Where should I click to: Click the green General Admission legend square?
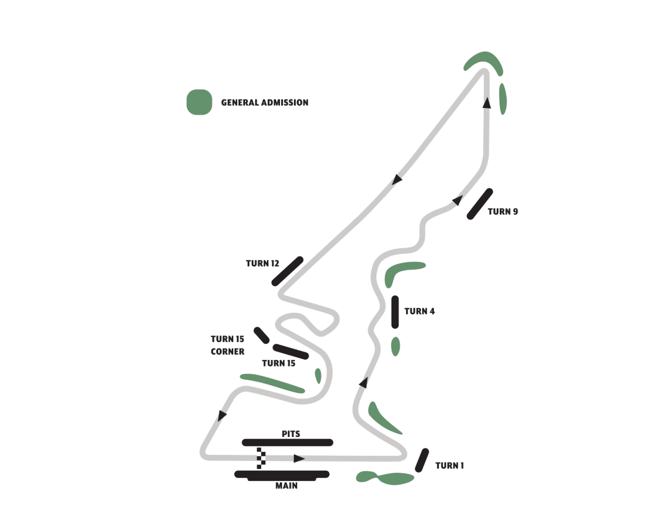tap(199, 102)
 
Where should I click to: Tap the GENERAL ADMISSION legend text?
tap(264, 103)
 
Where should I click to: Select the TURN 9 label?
tap(502, 212)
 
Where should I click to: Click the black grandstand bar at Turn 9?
tap(480, 204)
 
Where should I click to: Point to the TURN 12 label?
tap(262, 264)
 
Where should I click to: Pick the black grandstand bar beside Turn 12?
tap(288, 271)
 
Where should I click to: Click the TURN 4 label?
tap(419, 311)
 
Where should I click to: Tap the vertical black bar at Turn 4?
tap(395, 312)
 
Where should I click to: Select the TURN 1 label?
tap(449, 466)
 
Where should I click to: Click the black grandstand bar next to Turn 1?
tap(422, 460)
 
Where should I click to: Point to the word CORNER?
tap(227, 352)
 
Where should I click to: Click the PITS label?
tap(291, 434)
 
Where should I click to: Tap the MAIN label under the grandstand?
tap(286, 486)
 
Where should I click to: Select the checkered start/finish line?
tap(261, 458)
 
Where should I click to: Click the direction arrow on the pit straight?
tap(299, 458)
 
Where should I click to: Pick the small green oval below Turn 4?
tap(395, 346)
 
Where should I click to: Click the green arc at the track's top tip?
tap(484, 60)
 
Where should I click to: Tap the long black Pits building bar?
tap(287, 442)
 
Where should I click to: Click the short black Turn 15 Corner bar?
tap(261, 335)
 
